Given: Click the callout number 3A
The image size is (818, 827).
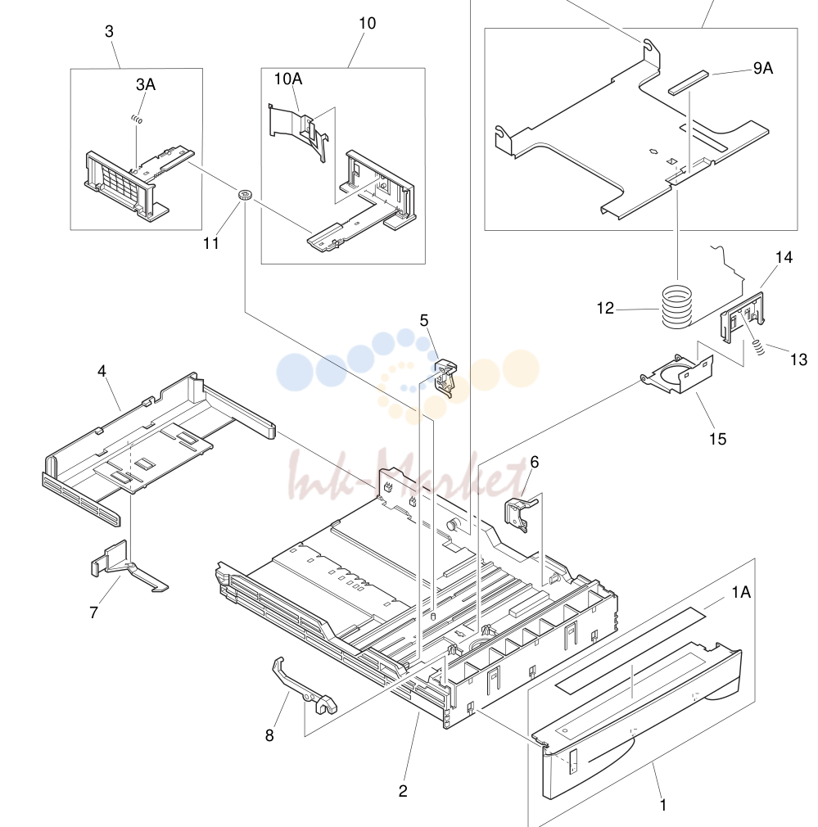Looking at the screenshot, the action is click(146, 84).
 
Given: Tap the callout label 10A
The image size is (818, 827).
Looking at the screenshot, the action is click(288, 79).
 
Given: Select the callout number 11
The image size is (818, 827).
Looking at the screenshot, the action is click(211, 243).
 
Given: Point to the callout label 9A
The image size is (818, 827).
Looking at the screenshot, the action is click(762, 68).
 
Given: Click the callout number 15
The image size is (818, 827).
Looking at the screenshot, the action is click(717, 439).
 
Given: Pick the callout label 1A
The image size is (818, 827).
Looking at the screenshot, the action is click(741, 592).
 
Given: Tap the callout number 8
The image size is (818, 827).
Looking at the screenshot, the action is click(269, 735).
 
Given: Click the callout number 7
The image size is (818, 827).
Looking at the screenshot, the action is click(94, 612).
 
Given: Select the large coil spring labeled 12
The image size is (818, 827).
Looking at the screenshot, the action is click(676, 306).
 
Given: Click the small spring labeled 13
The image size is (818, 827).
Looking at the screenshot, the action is click(757, 347).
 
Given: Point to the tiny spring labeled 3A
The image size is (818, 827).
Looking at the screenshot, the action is click(137, 120).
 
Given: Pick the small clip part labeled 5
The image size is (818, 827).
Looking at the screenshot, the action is click(445, 377).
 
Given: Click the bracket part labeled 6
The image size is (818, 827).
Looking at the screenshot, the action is click(519, 512).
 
